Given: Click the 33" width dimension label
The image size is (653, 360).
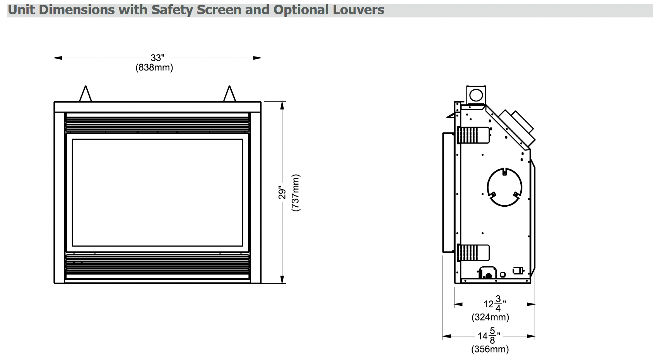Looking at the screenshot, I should click(x=157, y=58).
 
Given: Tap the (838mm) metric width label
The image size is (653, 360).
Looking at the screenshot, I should click(x=154, y=68).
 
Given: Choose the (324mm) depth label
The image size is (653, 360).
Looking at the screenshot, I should click(x=490, y=317).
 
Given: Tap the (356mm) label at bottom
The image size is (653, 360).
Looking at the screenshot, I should click(x=490, y=349).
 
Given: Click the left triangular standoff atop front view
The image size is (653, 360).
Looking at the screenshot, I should click(x=85, y=94).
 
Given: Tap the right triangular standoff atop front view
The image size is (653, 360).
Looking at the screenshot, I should click(x=230, y=94).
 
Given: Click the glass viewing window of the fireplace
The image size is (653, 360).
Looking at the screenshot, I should click(x=157, y=192).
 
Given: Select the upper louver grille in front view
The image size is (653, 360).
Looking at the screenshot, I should click(x=157, y=123).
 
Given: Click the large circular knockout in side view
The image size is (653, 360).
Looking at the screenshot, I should click(x=504, y=188).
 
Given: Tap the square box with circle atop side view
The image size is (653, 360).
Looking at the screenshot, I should click(x=476, y=94).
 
